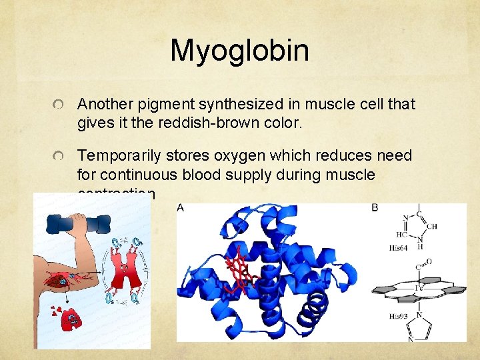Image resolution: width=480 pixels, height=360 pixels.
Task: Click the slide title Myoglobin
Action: tap(239, 51)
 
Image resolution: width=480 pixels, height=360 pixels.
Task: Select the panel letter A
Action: tap(181, 209)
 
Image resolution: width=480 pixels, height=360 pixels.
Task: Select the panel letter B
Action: tap(375, 208)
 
